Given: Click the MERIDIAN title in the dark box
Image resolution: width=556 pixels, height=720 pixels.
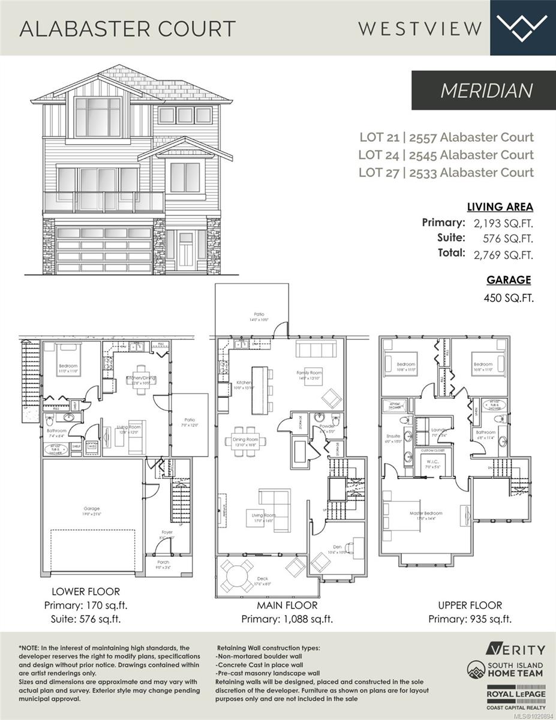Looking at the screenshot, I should pyautogui.click(x=486, y=90).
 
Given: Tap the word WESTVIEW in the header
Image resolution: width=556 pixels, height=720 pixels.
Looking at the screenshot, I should pyautogui.click(x=420, y=28).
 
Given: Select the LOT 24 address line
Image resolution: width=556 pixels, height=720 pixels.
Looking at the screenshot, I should pyautogui.click(x=446, y=155).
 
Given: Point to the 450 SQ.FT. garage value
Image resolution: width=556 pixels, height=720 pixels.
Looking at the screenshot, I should pyautogui.click(x=508, y=298).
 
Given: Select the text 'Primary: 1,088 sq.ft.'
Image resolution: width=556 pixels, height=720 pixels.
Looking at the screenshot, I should pyautogui.click(x=287, y=619).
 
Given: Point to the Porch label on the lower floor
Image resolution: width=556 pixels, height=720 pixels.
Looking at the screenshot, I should pyautogui.click(x=163, y=562).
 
